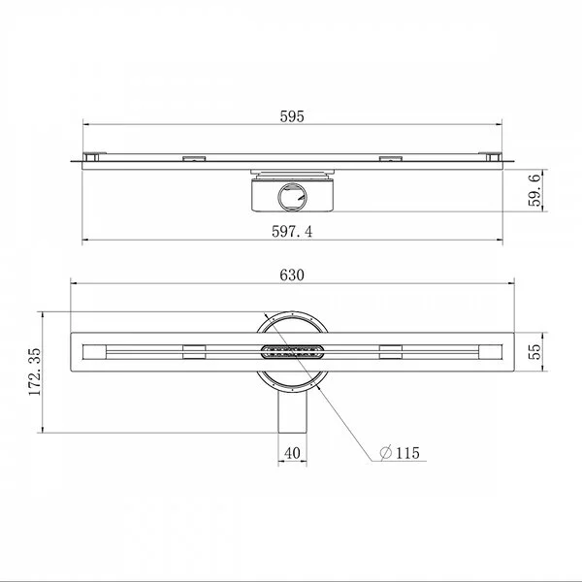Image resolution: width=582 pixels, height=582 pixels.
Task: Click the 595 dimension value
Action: [292, 116]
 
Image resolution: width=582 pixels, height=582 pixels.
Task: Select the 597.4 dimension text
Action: [292, 232]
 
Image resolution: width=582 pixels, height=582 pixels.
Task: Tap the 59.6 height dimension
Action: [534, 190]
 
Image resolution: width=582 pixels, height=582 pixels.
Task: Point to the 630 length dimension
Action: [292, 275]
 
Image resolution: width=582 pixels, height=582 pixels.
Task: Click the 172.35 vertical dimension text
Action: [35, 372]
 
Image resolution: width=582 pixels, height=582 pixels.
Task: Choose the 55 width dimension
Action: [534, 352]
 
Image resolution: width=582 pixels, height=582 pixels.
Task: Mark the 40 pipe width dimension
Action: [292, 453]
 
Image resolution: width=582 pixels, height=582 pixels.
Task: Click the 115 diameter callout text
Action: [407, 453]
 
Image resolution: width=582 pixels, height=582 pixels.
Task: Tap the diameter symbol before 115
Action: [386, 453]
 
